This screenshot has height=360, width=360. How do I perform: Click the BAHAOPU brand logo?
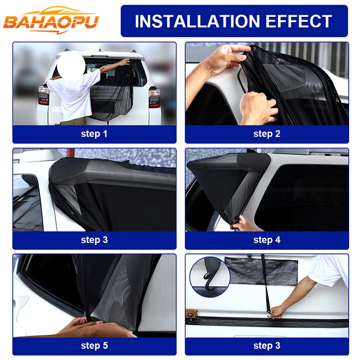point(51,20)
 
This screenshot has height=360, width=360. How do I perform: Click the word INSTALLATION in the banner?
point(197,21)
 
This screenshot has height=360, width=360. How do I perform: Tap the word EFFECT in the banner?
point(299,21)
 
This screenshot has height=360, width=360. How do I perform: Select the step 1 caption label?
point(94,134)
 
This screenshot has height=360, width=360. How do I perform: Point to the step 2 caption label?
point(267,134)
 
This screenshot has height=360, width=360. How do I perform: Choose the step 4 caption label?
point(267,240)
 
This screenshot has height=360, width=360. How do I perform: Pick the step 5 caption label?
point(94,346)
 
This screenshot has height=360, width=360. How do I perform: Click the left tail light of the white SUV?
point(43,95)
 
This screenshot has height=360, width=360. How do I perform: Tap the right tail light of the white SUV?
point(154,97)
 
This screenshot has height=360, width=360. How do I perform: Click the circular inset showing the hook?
point(210,277)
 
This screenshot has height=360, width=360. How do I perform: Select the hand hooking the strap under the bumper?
point(277,312)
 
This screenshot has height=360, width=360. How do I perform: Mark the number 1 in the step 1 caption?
point(105,133)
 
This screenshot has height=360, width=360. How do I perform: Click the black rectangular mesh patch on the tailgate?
point(261,271)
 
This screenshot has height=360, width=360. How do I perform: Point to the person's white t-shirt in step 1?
point(74,94)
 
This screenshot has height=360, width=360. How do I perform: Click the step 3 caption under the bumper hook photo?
point(267,346)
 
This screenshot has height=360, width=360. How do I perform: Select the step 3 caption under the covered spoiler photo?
point(94,240)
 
